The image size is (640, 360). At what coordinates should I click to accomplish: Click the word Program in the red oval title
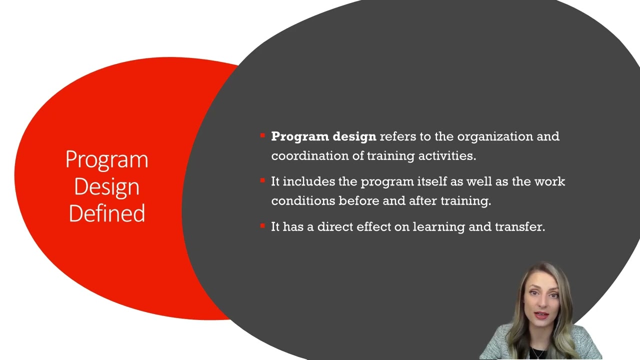[106, 160]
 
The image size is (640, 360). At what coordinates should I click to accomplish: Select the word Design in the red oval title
[106, 187]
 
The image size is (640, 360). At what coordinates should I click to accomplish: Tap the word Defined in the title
[106, 213]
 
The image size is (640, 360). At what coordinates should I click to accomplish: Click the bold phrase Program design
[323, 136]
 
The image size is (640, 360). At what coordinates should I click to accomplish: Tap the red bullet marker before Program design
[262, 135]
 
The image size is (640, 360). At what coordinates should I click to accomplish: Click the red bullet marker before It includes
[262, 180]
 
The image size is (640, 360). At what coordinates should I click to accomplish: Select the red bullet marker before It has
[262, 226]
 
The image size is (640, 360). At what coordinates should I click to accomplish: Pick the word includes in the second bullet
[309, 181]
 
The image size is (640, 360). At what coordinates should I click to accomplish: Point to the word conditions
[303, 201]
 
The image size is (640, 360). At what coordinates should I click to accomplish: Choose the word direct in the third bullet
[335, 227]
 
